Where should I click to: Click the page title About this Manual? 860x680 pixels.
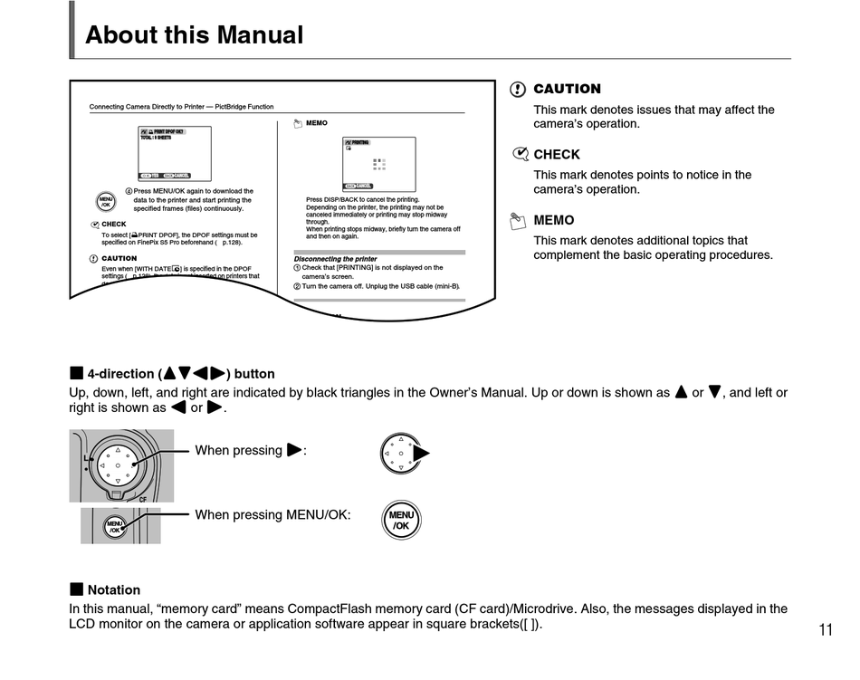194,35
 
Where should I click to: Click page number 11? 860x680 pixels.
825,630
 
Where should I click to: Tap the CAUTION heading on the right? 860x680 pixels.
567,89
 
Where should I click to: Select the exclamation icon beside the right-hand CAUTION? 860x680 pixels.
518,90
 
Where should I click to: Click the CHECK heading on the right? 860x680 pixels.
557,155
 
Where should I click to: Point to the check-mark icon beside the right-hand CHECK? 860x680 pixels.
520,155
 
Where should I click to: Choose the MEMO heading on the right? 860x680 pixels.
553,220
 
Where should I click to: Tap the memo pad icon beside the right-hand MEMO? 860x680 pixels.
518,220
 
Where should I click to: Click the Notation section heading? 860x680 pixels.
113,589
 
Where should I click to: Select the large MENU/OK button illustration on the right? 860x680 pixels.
401,521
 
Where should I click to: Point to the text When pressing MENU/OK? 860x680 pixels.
272,515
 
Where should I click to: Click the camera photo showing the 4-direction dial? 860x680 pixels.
120,465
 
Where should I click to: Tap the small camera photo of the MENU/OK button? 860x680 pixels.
119,525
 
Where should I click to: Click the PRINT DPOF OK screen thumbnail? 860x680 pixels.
174,153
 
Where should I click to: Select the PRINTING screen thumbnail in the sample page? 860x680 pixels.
378,164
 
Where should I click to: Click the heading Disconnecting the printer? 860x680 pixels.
335,259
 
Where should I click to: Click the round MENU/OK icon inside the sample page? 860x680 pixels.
105,201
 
